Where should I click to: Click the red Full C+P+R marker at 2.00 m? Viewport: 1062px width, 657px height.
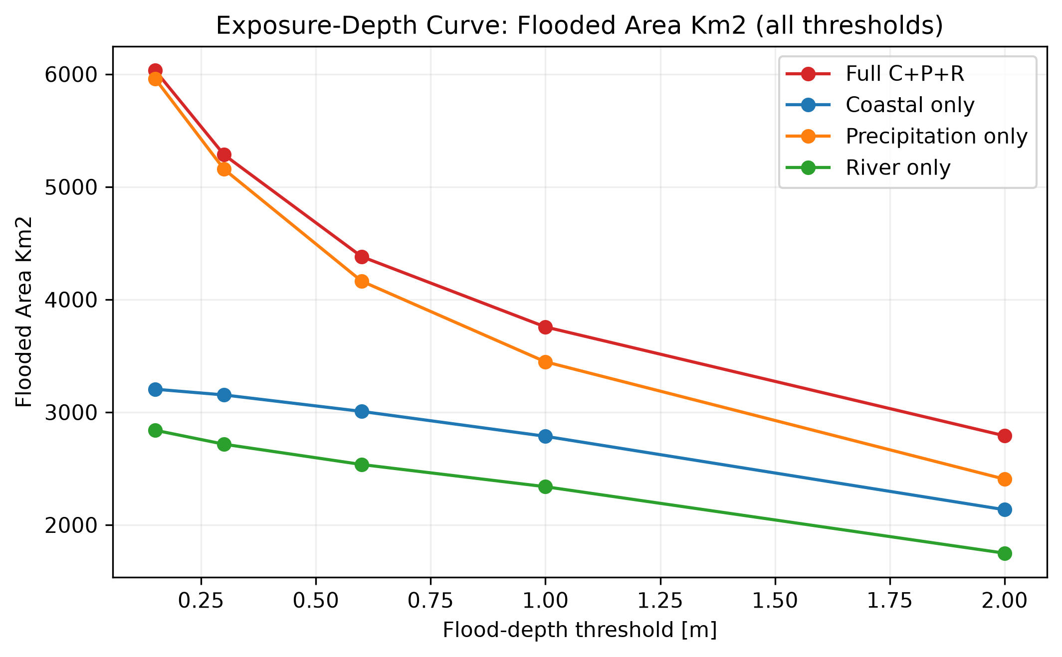1005,436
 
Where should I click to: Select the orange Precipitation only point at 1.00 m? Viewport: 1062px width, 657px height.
545,362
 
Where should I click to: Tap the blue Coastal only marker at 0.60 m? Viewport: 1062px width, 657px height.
362,411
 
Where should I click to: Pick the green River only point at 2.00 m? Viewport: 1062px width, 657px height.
1005,553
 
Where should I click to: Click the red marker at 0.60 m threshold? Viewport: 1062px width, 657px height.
362,257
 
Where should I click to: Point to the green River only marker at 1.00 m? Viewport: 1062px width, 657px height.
545,487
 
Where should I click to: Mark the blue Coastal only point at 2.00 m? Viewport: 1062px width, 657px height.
1005,509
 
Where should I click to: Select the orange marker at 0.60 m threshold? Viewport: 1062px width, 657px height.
362,281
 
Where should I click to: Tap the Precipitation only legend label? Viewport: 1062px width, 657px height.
936,136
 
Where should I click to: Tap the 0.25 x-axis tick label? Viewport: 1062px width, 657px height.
201,600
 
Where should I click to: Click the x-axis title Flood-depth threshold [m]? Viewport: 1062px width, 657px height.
580,631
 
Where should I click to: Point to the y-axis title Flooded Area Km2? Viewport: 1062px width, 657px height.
24,312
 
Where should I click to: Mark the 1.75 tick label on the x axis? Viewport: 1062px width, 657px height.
890,600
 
